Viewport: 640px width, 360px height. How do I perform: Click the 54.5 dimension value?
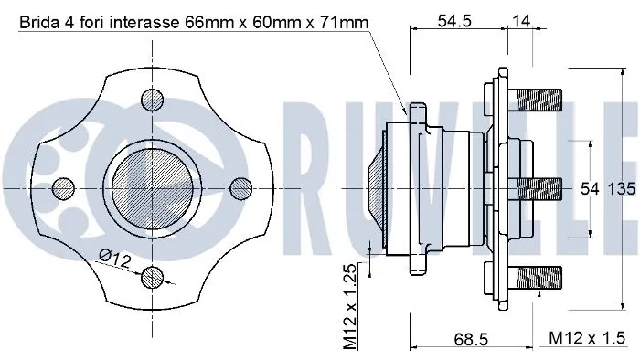coord(453,20)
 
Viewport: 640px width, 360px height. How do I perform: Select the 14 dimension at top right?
coord(519,20)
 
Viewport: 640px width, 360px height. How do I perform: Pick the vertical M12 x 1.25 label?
coord(349,308)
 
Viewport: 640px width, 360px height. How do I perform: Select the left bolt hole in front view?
coord(63,188)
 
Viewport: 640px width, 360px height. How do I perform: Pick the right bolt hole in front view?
coord(240,187)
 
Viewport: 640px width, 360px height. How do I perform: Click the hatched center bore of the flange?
coord(152,187)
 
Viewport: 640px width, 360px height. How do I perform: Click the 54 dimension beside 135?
coord(590,189)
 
